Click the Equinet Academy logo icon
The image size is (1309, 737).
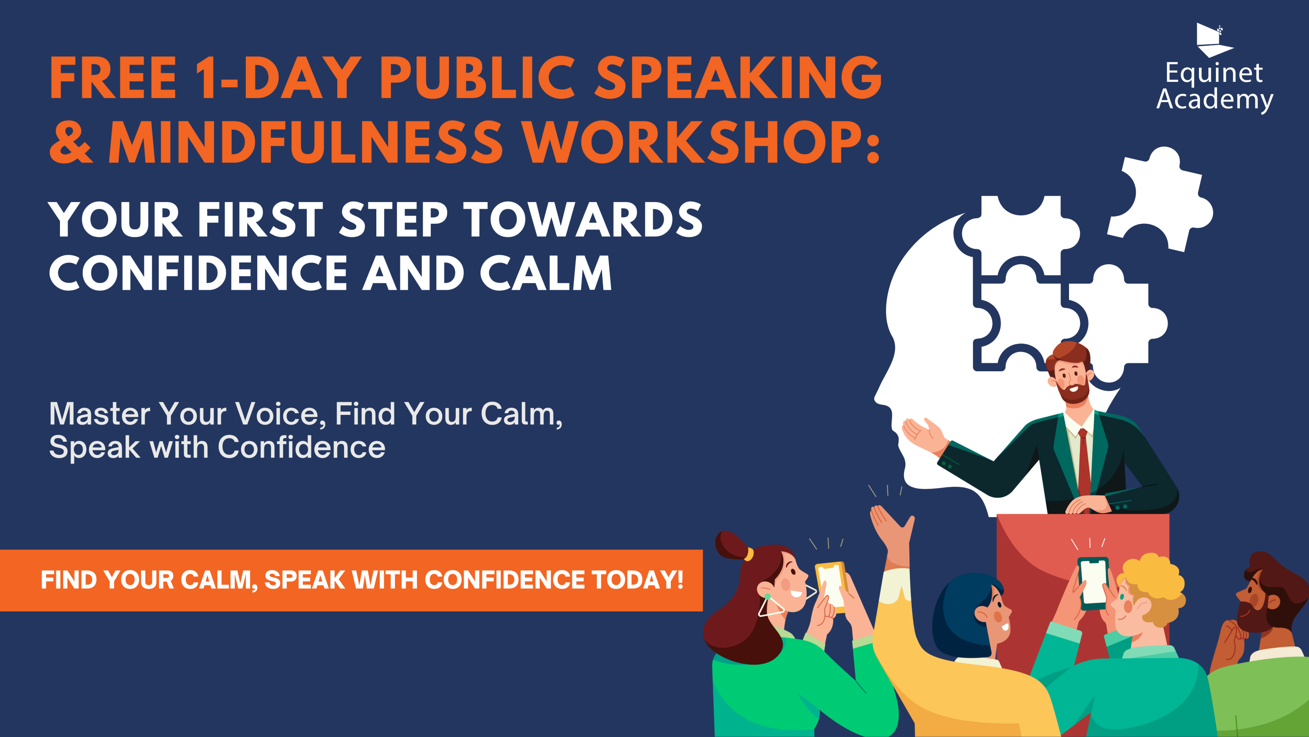pyautogui.click(x=1215, y=40)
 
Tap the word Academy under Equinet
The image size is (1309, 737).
pyautogui.click(x=1215, y=100)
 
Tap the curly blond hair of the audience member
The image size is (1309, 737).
pyautogui.click(x=1154, y=585)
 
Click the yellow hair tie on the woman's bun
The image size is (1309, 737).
pyautogui.click(x=749, y=553)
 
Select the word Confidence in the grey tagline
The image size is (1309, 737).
pyautogui.click(x=301, y=447)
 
